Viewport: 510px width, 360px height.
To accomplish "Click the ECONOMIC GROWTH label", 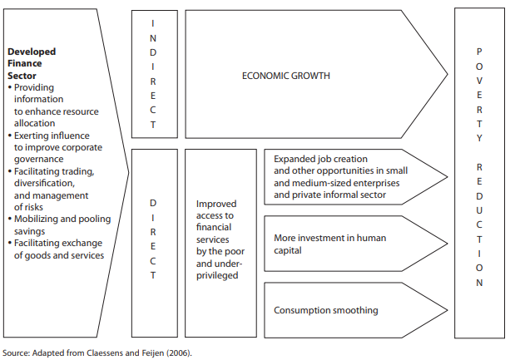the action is click(x=285, y=76).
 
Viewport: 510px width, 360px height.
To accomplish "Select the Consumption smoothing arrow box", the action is click(x=326, y=311).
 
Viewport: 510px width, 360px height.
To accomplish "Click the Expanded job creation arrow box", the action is click(x=337, y=177).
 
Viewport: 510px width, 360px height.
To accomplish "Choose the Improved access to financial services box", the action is click(x=216, y=239).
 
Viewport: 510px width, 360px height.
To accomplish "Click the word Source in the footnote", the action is click(x=17, y=353).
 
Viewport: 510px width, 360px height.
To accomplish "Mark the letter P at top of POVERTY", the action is click(x=478, y=52).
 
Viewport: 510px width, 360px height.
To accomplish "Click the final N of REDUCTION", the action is click(x=478, y=283).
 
